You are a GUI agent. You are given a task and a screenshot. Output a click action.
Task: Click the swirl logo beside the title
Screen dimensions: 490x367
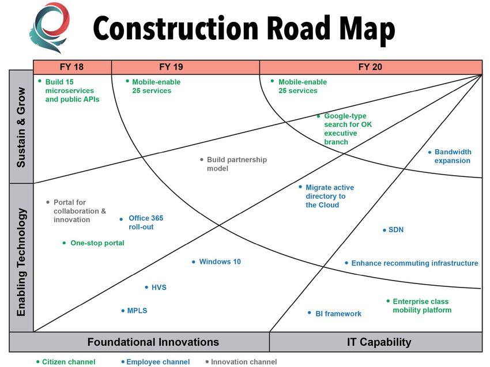[50, 28]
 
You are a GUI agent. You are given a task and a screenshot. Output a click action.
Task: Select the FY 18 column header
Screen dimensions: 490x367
[72, 67]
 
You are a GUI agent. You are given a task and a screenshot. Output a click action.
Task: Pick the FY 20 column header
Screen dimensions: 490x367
[371, 67]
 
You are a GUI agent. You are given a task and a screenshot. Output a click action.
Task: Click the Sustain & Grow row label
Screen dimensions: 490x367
[21, 127]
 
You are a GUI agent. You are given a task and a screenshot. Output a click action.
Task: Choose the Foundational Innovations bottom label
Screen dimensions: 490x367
[153, 342]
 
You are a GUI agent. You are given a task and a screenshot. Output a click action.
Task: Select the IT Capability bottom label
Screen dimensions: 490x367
[379, 342]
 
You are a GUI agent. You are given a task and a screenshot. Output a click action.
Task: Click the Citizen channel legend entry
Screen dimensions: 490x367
[66, 362]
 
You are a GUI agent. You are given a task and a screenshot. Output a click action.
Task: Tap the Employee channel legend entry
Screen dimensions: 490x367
[156, 362]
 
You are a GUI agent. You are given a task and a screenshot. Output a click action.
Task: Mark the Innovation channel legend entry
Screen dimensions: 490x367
[241, 362]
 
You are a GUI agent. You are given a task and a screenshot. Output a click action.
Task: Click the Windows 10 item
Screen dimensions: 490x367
[216, 262]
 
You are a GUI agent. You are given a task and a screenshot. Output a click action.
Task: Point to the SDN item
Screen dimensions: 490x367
[393, 230]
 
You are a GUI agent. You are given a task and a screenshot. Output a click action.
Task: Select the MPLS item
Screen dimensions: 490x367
[134, 311]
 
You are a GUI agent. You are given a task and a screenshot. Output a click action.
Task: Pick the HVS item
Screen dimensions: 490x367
[156, 287]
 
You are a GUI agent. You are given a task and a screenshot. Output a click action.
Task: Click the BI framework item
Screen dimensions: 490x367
[334, 313]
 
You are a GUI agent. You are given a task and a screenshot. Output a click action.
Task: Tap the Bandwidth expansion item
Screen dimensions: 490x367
[450, 156]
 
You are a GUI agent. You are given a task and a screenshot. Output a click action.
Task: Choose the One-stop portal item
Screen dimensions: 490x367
[93, 243]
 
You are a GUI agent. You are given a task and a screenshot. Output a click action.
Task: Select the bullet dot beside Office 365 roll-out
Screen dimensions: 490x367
[121, 220]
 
